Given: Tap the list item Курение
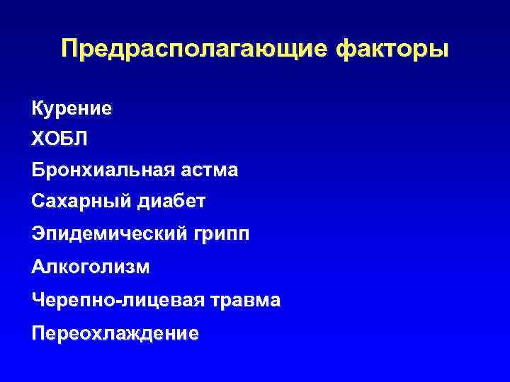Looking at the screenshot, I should point(72,108).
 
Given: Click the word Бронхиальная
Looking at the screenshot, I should point(93,170).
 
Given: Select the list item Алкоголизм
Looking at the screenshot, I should point(91,267).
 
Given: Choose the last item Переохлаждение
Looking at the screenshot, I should point(115,333).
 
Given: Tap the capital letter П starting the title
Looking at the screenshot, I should point(69,50).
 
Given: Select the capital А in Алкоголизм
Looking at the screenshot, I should point(38,267).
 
